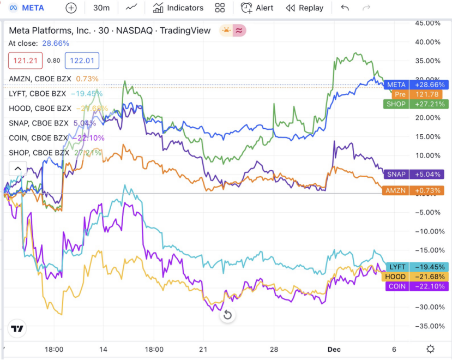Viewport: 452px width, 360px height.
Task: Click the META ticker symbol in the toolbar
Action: tap(33, 8)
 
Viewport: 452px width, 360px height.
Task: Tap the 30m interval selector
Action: tap(101, 8)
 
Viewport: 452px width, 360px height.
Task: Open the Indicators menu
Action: tap(178, 8)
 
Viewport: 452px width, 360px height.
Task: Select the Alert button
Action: tap(257, 8)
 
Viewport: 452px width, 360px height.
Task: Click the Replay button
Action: tap(305, 8)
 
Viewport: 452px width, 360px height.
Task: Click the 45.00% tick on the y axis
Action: tap(428, 23)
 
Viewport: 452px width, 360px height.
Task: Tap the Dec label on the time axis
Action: tap(334, 349)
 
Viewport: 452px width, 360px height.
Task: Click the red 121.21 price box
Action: tap(26, 61)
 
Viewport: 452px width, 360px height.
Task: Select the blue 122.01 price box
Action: tap(82, 61)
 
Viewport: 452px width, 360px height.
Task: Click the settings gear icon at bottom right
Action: tap(430, 349)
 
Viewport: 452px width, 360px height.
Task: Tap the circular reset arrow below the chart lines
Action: tap(227, 315)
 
